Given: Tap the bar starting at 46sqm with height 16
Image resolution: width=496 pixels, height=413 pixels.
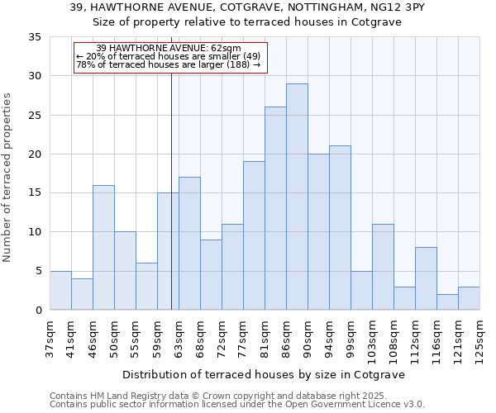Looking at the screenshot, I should coord(103,247).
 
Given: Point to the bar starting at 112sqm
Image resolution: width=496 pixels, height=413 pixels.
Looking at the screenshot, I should coord(426,278).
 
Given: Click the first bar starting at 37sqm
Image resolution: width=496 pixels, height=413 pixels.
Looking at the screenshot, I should coord(60,290).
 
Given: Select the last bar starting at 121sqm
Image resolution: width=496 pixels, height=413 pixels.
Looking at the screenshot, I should coord(469,298).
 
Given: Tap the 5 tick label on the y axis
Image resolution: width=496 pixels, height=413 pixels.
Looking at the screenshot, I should coord(37,271).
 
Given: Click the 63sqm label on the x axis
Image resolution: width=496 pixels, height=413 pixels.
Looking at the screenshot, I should coord(179,337).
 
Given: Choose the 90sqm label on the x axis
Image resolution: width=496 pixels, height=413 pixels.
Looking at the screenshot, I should coord(308,337).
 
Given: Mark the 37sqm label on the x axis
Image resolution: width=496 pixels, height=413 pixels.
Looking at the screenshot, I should coord(50,337).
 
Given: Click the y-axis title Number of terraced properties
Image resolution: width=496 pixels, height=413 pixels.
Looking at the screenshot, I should coord(7,178).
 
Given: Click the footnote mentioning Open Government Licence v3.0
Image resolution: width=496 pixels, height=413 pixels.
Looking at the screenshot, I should coord(237,404).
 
